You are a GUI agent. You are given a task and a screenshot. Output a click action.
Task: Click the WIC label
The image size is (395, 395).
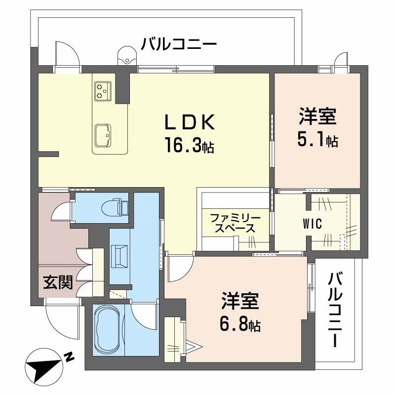pos(313,224)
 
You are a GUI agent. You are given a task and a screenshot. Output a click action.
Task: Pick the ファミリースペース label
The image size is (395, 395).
pos(232,223)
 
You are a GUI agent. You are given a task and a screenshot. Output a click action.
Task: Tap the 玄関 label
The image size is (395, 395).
pos(57,282)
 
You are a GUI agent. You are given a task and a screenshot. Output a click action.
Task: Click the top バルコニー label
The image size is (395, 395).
pos(178,44)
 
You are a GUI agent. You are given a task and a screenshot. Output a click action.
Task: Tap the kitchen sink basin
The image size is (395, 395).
pos(103,133)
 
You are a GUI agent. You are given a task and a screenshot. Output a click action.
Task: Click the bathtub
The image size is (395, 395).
pos(108,329)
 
